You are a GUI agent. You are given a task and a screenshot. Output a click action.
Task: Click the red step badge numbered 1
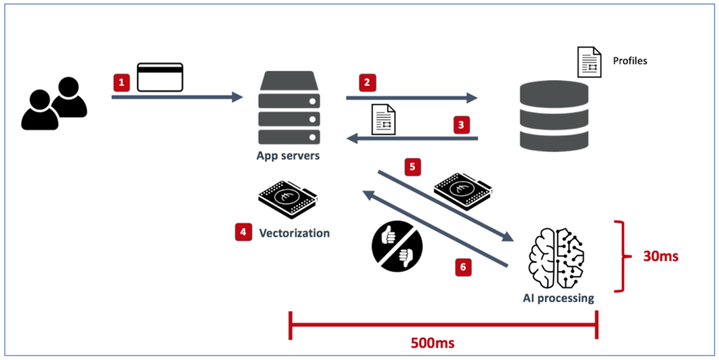coord(121,83)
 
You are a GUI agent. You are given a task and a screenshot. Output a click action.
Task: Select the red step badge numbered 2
coord(367,83)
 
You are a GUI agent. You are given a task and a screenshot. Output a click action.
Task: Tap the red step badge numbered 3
coord(461,125)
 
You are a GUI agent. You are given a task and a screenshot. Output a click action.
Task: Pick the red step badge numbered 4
coord(243,232)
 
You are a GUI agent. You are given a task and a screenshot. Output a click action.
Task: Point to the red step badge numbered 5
coord(413,167)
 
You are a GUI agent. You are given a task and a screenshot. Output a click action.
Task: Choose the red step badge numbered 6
coord(463,267)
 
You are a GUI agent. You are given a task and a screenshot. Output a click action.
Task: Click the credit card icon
coord(160,77)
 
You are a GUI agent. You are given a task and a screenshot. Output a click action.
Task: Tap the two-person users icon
coord(54,104)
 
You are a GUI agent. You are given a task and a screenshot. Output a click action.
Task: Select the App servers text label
coord(288,156)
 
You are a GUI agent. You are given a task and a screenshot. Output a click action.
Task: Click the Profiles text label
coord(630,61)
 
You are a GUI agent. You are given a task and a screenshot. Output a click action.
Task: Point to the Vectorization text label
coord(294,233)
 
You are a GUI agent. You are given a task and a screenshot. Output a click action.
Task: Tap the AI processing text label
coord(558,298)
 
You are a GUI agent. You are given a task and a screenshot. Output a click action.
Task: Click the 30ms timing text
coord(660,256)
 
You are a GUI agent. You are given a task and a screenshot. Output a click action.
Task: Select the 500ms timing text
coord(433,343)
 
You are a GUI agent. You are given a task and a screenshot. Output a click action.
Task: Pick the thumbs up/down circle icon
coord(397,246)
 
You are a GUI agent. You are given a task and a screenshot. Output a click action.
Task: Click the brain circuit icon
coord(556,258)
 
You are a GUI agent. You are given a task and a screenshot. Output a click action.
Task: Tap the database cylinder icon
coord(554,116)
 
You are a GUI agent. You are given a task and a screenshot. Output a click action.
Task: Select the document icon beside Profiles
coord(589,62)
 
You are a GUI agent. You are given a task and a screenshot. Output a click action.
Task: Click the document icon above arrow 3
coord(383,120)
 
